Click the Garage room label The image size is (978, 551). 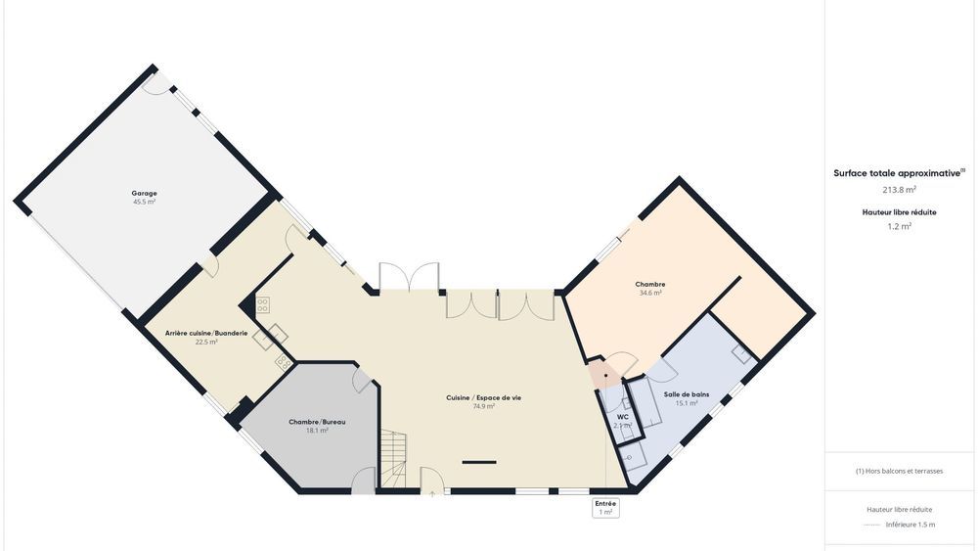pos(144,193)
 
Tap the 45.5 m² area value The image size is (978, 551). pos(144,202)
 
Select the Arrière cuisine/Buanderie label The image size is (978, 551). pos(206,333)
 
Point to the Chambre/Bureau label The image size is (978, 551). pos(317,422)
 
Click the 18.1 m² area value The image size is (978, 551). pos(317,431)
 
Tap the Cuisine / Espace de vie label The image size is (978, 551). pos(483,397)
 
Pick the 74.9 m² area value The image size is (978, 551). pos(483,406)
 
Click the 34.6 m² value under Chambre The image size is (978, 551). pos(650,293)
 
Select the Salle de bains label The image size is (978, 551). pos(687,394)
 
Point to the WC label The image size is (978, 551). pos(622,416)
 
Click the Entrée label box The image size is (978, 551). pos(605,507)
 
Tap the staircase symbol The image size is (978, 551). pos(393,460)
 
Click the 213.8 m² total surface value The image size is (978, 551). pos(899,190)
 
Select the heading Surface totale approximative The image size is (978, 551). pos(897,173)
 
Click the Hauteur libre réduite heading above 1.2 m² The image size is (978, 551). pos(899,211)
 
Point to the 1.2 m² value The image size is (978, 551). pos(899,226)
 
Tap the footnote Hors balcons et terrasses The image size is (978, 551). pos(899,471)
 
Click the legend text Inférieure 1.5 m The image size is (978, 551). pos(911,525)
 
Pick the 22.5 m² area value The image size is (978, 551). pos(206,343)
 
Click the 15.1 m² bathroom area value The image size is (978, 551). pos(687,403)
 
